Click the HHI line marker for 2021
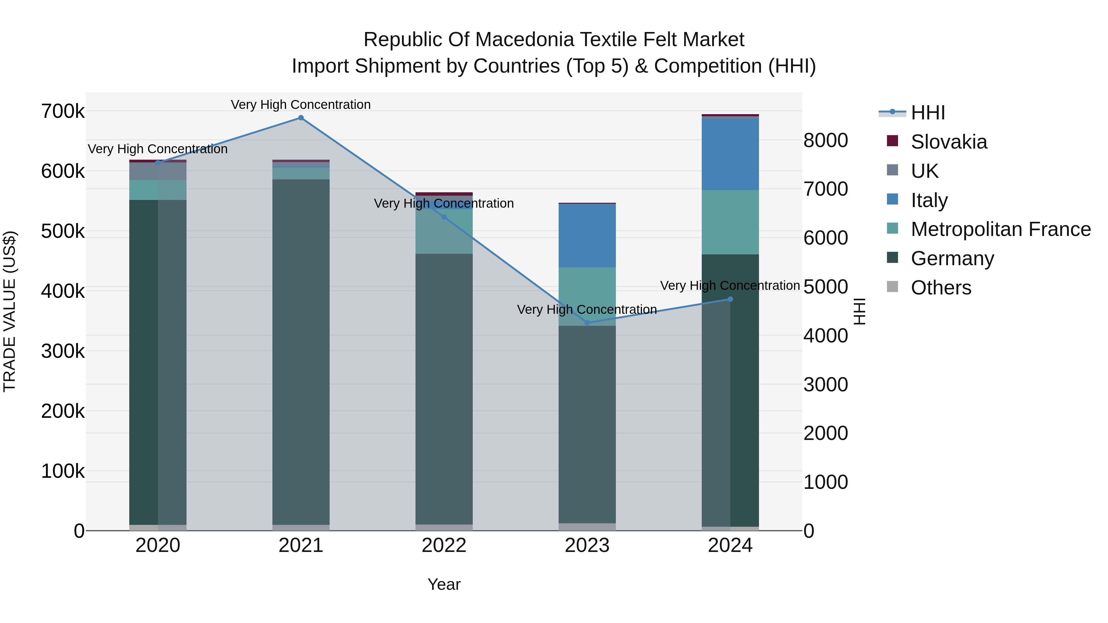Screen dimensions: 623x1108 [301, 118]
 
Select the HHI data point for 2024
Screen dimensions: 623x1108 [730, 299]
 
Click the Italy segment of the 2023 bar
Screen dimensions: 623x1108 [587, 236]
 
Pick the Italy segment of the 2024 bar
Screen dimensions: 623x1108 [730, 154]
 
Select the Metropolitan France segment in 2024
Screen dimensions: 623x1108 [730, 222]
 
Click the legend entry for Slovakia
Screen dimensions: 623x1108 [949, 142]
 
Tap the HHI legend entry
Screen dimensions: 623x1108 [927, 113]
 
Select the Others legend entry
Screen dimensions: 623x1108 [941, 288]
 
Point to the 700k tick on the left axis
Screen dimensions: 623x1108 [63, 111]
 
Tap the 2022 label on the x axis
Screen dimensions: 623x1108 [444, 545]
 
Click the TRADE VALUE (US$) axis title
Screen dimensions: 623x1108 [10, 311]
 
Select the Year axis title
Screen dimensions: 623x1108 [444, 584]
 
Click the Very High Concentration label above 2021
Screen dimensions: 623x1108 [301, 105]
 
